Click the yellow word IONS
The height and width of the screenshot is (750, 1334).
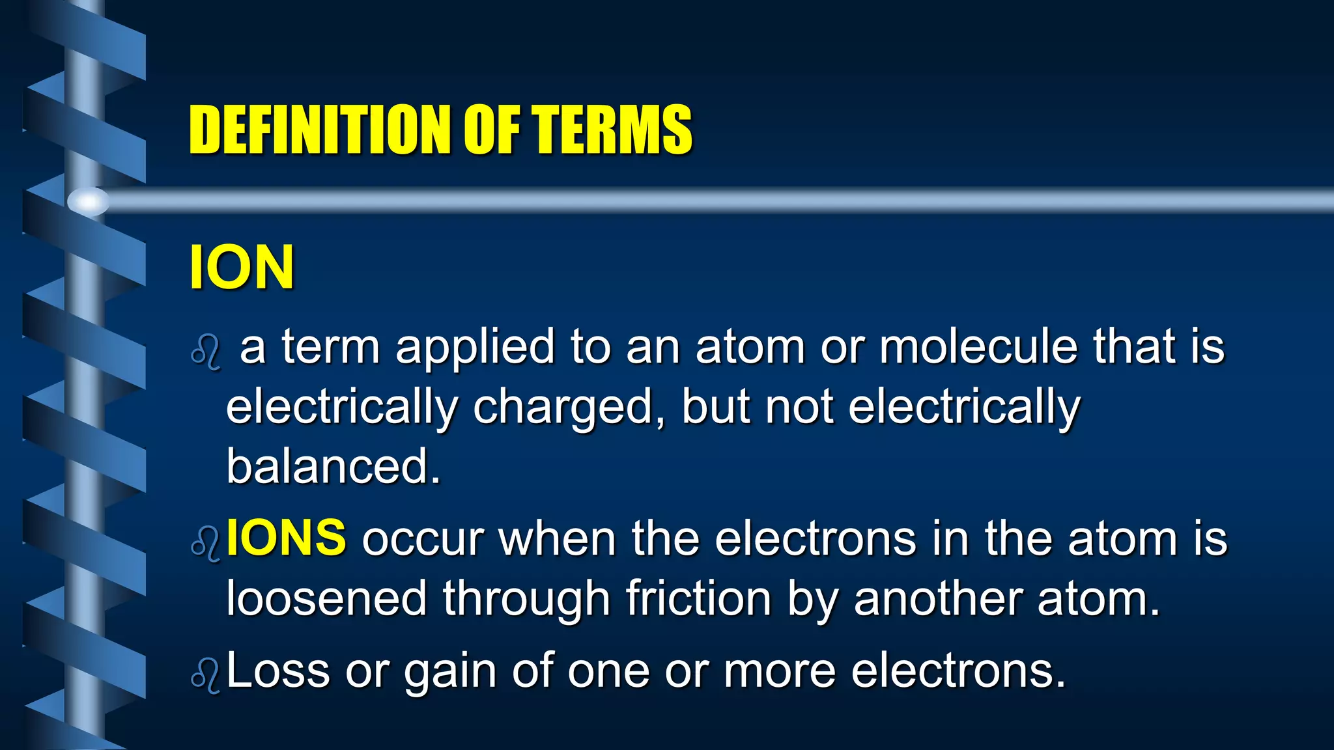(x=286, y=538)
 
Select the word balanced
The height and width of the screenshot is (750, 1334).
(x=333, y=466)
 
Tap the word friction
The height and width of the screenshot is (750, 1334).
(x=698, y=598)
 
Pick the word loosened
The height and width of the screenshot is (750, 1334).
(x=326, y=598)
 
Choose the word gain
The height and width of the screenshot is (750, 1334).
(x=450, y=672)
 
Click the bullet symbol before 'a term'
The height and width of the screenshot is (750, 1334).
(x=206, y=354)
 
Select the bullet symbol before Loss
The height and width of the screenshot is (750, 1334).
(x=206, y=677)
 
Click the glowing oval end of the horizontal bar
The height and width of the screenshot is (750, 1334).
(x=88, y=201)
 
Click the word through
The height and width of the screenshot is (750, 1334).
(x=526, y=598)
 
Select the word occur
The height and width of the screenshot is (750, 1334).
(x=423, y=539)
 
